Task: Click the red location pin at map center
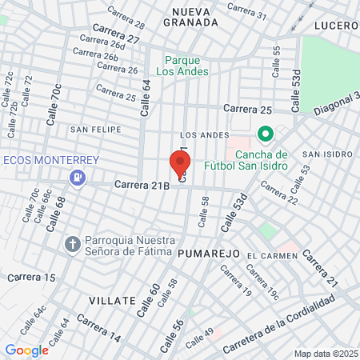177,164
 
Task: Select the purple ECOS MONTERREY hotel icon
78,177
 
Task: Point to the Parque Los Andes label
186,65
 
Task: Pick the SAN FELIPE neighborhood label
95,129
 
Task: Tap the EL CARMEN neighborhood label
272,255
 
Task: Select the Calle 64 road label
146,97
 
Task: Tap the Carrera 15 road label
32,278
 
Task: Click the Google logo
26,350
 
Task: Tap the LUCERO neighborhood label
335,26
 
